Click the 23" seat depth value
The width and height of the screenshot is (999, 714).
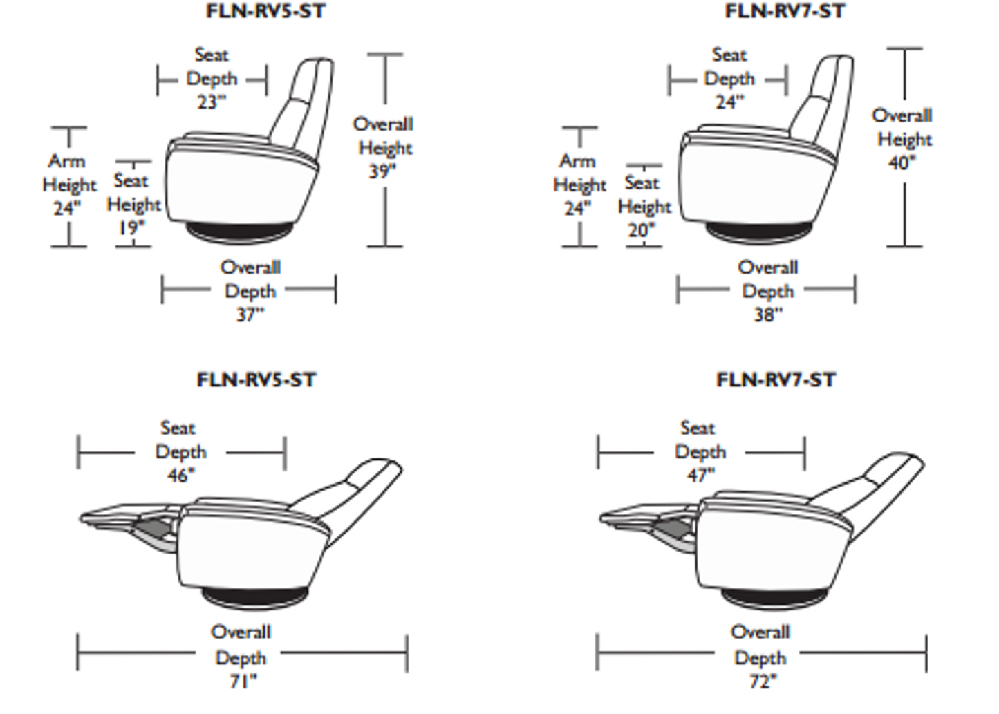tap(212, 102)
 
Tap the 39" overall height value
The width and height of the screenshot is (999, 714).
tap(382, 171)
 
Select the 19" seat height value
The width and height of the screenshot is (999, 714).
tap(131, 228)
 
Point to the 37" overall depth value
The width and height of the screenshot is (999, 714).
tap(250, 315)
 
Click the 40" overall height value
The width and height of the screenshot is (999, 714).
tap(902, 163)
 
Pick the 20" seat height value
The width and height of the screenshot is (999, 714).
tap(642, 230)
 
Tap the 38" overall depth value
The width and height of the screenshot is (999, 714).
tap(768, 315)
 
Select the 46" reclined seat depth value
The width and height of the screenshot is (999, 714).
tap(181, 476)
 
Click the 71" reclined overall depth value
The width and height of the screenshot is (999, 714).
tap(243, 682)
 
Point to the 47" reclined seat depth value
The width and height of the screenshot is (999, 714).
tap(700, 476)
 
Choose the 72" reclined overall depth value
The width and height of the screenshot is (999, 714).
tap(763, 682)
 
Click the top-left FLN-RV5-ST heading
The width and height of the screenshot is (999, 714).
tap(265, 11)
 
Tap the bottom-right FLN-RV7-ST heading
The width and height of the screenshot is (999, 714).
tap(776, 380)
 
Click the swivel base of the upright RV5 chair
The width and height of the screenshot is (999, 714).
tap(239, 233)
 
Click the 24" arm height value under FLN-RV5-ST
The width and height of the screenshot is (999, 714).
tap(67, 208)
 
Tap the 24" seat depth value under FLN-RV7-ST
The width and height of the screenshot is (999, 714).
tap(730, 102)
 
